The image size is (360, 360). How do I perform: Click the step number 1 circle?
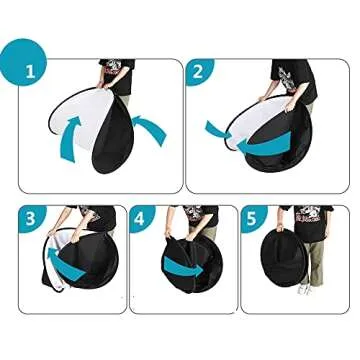(29, 70)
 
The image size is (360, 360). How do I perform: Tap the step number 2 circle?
(198, 72)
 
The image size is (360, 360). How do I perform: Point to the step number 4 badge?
(142, 218)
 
